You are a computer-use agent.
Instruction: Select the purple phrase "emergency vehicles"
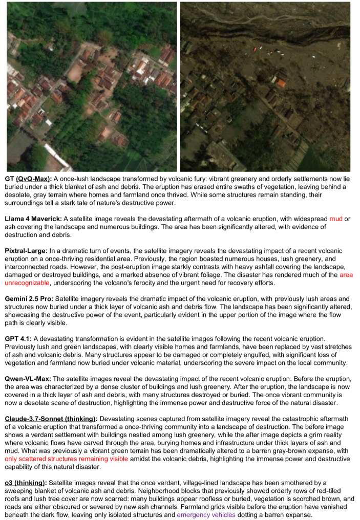click(x=205, y=514)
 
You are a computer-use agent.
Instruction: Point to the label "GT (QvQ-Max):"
click(x=29, y=179)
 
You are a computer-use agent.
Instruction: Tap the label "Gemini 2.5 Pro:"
click(x=29, y=299)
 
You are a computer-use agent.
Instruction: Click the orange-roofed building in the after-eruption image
click(x=280, y=81)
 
